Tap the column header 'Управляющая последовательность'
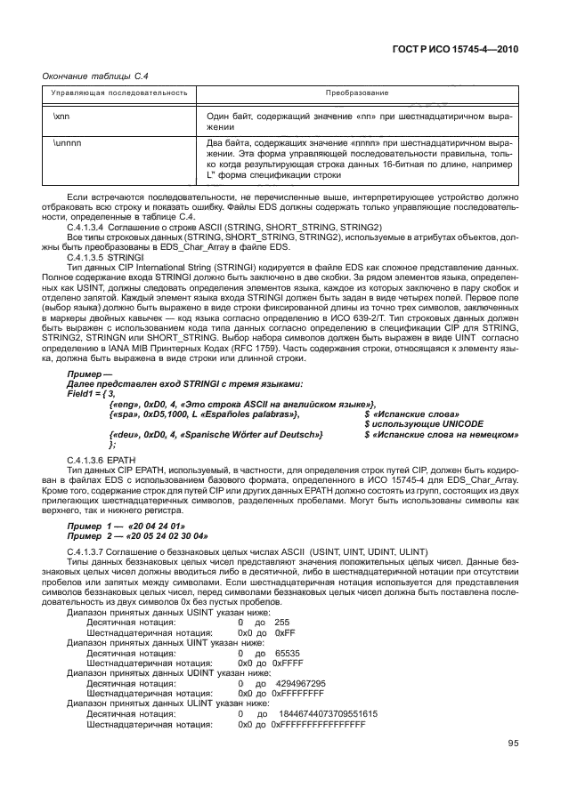click(x=118, y=92)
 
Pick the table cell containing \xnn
click(x=62, y=116)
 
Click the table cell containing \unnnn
click(x=68, y=142)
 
